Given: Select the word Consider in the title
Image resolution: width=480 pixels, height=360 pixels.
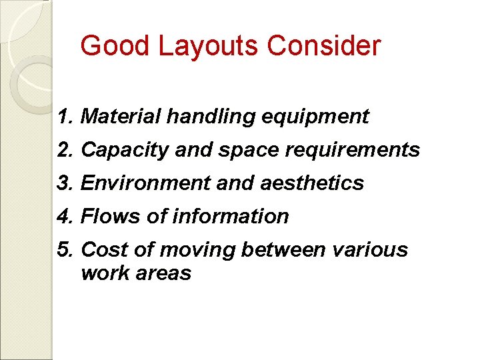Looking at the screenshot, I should coord(324,46).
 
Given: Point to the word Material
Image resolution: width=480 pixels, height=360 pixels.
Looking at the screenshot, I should coord(121,117).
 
